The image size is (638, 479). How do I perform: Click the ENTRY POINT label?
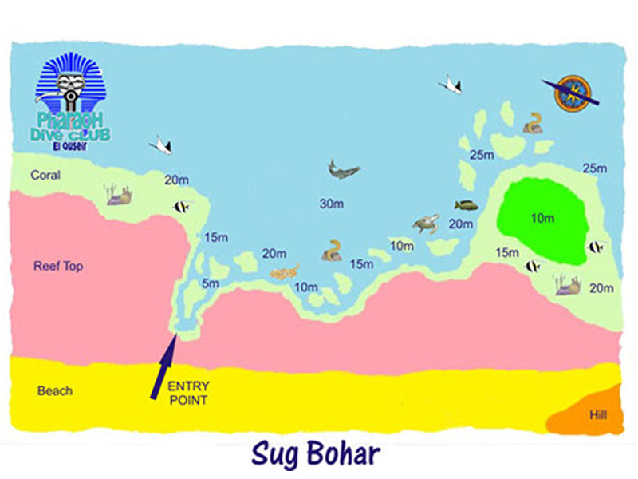[x=187, y=393]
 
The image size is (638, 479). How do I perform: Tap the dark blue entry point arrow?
[x=163, y=366]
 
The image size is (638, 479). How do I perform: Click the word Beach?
[x=54, y=390]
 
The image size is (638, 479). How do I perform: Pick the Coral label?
[x=45, y=175]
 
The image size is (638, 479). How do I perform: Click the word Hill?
[x=597, y=415]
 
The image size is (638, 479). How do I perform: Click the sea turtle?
[x=426, y=224]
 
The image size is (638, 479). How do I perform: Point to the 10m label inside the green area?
[x=542, y=217]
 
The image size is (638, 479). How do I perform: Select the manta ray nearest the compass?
[x=451, y=83]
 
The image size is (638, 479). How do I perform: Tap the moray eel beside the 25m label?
[x=532, y=122]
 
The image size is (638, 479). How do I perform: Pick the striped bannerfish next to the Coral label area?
[x=182, y=207]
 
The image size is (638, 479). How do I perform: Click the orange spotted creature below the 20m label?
[x=284, y=273]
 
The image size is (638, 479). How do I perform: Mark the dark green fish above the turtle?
[x=466, y=205]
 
